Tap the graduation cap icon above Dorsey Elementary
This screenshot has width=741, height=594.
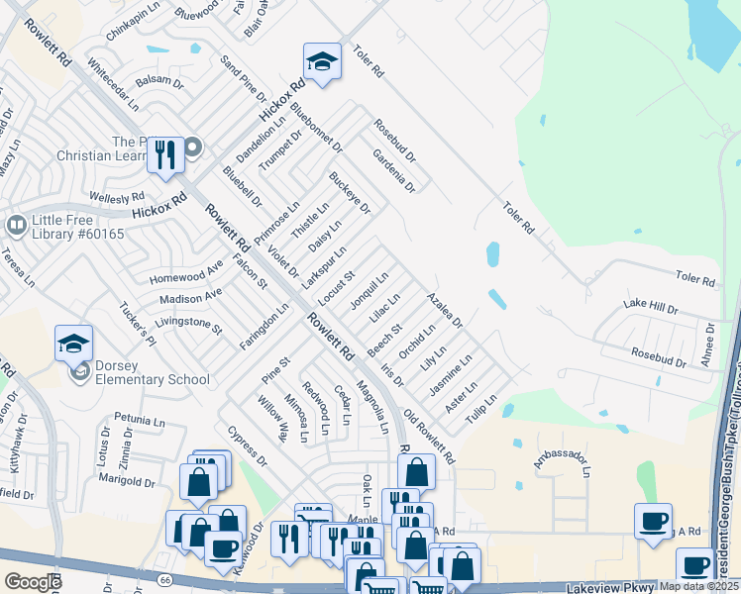(x=73, y=344)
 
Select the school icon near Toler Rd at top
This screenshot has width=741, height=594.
(x=322, y=62)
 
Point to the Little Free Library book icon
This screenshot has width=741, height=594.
(x=16, y=226)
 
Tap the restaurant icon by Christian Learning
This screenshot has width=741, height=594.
(x=165, y=154)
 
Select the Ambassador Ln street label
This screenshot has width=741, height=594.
(x=561, y=460)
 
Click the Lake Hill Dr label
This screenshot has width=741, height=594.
(x=650, y=307)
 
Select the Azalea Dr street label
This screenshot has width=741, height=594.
(x=444, y=309)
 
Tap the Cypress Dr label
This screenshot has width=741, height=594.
(x=247, y=447)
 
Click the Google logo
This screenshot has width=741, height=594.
(x=33, y=581)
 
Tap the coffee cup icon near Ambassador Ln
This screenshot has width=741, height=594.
(x=654, y=521)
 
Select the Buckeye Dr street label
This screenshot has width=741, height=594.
(x=349, y=194)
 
